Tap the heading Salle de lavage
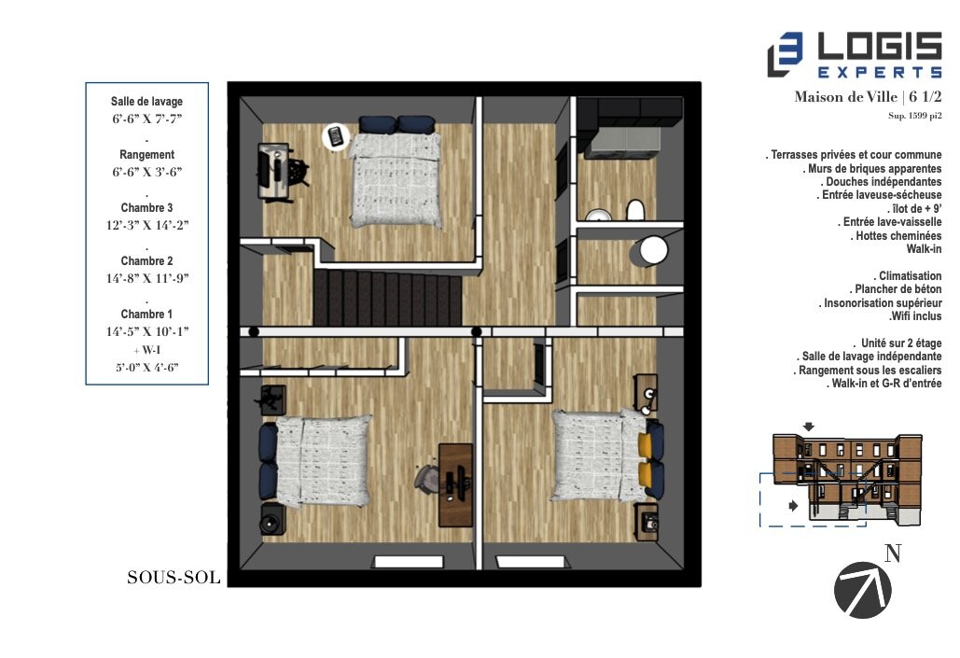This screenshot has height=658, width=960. (x=146, y=101)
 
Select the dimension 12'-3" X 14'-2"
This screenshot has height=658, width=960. (x=146, y=225)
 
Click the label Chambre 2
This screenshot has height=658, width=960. (x=146, y=261)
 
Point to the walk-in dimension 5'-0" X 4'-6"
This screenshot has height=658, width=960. (x=146, y=367)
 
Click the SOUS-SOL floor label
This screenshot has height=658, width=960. (x=174, y=578)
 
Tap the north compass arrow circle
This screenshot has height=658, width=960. (x=862, y=591)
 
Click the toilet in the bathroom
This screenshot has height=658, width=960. (x=635, y=210)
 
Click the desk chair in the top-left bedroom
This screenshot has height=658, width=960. (x=298, y=172)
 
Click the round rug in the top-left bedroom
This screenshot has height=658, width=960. (x=335, y=137)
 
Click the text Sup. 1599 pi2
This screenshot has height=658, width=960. (x=914, y=117)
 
